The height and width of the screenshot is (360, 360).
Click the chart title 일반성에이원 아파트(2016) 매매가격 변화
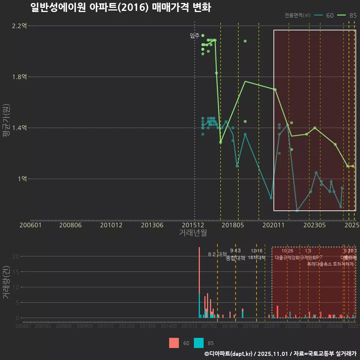(121, 8)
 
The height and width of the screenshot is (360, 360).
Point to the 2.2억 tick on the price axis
(19, 26)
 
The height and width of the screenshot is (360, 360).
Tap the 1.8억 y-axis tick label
(19, 77)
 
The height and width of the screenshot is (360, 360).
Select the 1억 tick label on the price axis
(22, 179)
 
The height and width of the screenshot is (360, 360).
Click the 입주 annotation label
(195, 36)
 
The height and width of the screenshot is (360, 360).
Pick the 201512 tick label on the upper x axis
(193, 225)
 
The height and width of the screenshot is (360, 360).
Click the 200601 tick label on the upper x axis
(30, 225)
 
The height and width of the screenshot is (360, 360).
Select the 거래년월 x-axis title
(193, 233)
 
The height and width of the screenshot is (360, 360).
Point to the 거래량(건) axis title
(6, 282)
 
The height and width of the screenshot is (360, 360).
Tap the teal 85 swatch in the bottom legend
(199, 343)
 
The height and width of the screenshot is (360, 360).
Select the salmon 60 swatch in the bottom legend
(174, 343)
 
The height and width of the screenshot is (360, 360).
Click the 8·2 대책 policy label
(220, 254)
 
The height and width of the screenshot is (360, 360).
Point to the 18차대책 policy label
(257, 258)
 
